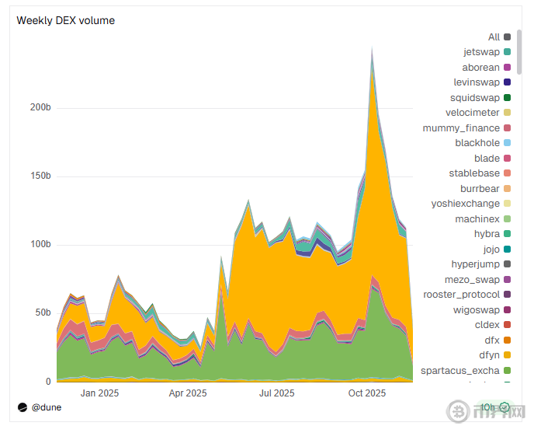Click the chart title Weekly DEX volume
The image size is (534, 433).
[x=66, y=20]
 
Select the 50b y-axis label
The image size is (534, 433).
[x=42, y=313]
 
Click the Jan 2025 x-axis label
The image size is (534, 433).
[x=99, y=393]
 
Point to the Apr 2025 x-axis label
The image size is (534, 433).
[x=187, y=393]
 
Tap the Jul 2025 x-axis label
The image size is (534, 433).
[x=277, y=393]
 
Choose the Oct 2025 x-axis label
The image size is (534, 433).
[x=367, y=393]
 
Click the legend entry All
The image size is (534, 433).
[x=494, y=37]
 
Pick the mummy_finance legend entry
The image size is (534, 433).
[x=461, y=127]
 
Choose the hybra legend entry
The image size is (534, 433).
[x=487, y=234]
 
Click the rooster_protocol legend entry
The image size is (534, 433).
[x=461, y=295]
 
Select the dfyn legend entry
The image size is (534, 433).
[x=487, y=355]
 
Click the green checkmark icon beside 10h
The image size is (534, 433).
[x=505, y=407]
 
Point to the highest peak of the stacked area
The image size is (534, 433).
[x=373, y=48]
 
